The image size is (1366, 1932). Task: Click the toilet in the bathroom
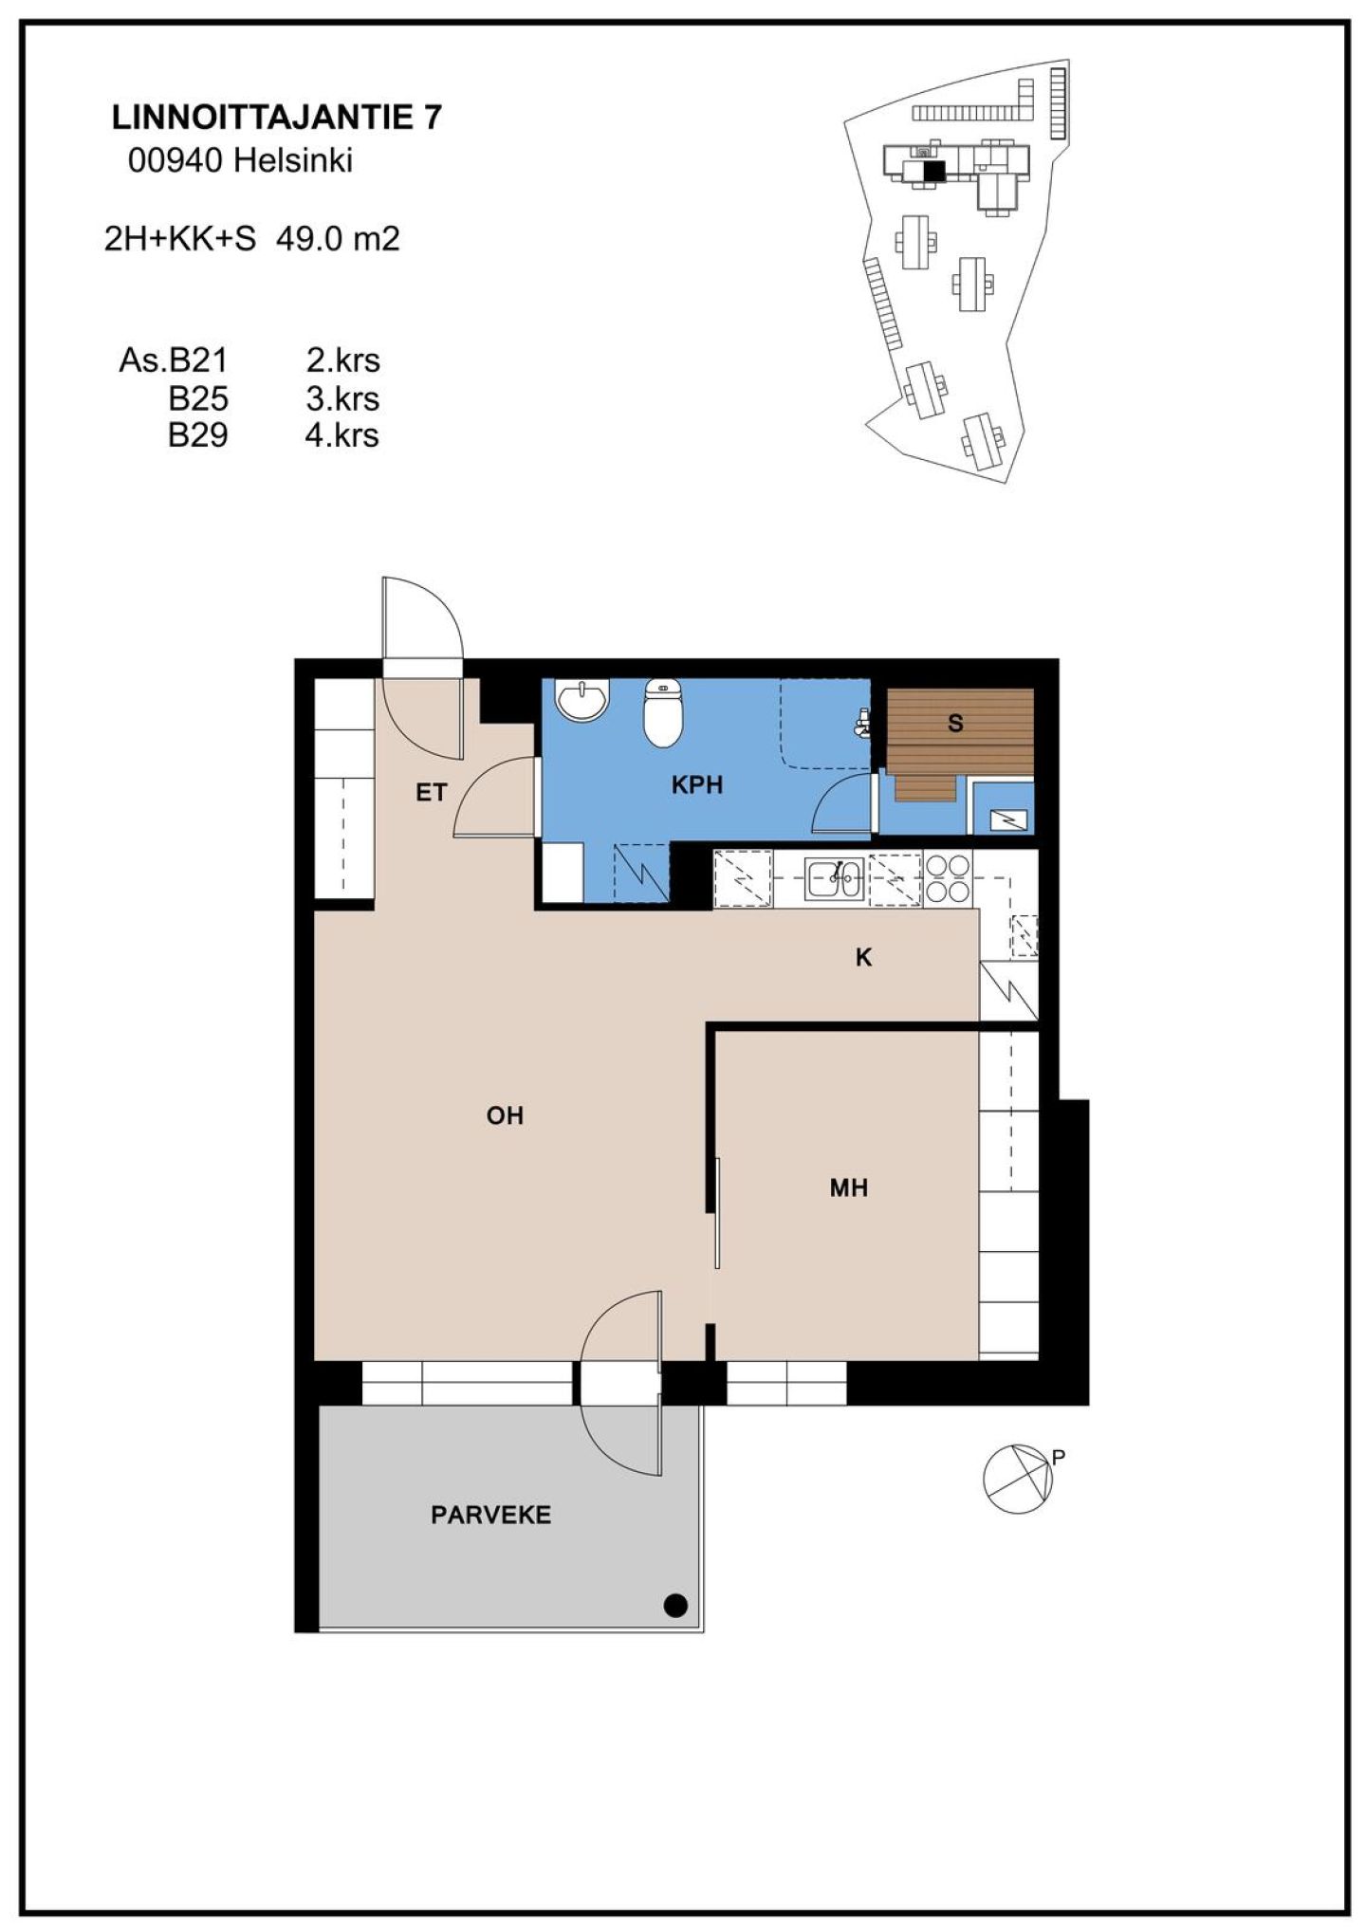click(662, 713)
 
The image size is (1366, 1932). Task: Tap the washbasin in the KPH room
click(582, 700)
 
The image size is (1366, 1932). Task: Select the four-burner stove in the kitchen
click(948, 878)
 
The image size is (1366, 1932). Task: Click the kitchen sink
click(834, 878)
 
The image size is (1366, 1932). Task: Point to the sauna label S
click(955, 724)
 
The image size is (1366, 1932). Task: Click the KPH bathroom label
click(697, 785)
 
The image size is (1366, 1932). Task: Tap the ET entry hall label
click(431, 793)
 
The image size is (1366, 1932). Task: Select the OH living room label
click(505, 1115)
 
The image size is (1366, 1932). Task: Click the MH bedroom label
click(849, 1187)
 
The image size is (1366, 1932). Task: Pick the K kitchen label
click(863, 958)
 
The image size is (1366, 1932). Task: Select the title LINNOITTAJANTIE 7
click(277, 118)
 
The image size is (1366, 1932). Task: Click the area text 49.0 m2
click(338, 239)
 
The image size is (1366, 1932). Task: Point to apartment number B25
click(198, 398)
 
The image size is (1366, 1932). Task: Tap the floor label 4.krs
click(341, 435)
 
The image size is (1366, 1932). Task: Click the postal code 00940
click(175, 161)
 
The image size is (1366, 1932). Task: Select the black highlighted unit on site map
click(935, 171)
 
